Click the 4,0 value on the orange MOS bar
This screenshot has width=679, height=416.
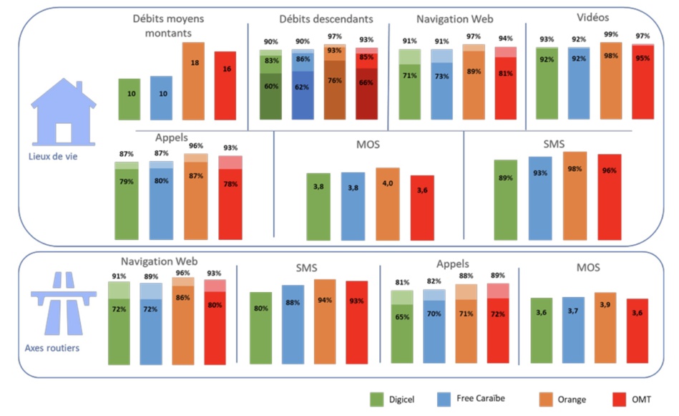coord(387,183)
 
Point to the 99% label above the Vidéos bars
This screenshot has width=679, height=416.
coord(610,34)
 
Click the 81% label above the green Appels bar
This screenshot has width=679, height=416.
coord(401,283)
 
